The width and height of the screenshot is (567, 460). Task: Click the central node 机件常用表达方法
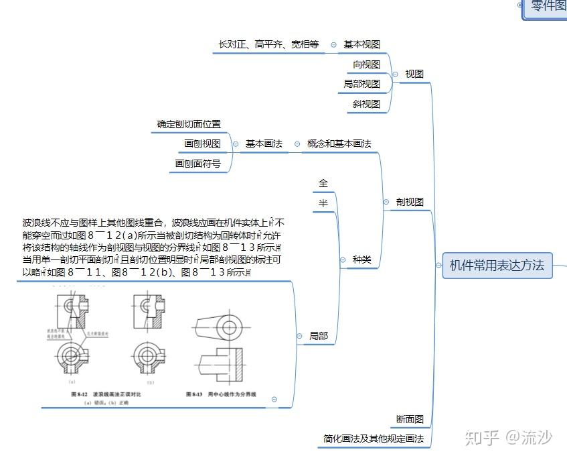point(496,266)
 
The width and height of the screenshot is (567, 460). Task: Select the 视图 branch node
point(414,74)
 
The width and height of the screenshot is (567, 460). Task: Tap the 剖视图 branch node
point(410,202)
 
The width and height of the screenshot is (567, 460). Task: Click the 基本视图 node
point(361,44)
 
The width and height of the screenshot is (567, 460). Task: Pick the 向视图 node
point(366,64)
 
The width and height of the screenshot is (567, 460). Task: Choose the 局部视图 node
point(361,84)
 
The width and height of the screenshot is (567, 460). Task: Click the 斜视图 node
point(366,104)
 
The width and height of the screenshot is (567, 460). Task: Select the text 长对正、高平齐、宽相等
point(268,44)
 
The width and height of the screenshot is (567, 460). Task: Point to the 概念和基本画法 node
point(339,143)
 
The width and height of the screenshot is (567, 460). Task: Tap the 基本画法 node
point(264,143)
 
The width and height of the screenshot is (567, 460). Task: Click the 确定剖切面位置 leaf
point(189,124)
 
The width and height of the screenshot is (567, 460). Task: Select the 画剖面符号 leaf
point(197,163)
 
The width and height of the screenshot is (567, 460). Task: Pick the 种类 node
point(361,260)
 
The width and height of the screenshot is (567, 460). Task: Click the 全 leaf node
point(323,183)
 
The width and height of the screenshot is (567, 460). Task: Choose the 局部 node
point(319,336)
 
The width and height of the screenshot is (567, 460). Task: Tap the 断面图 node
point(410,419)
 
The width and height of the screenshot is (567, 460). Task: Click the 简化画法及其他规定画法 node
point(373,439)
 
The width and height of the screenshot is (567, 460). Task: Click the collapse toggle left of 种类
point(341,260)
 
